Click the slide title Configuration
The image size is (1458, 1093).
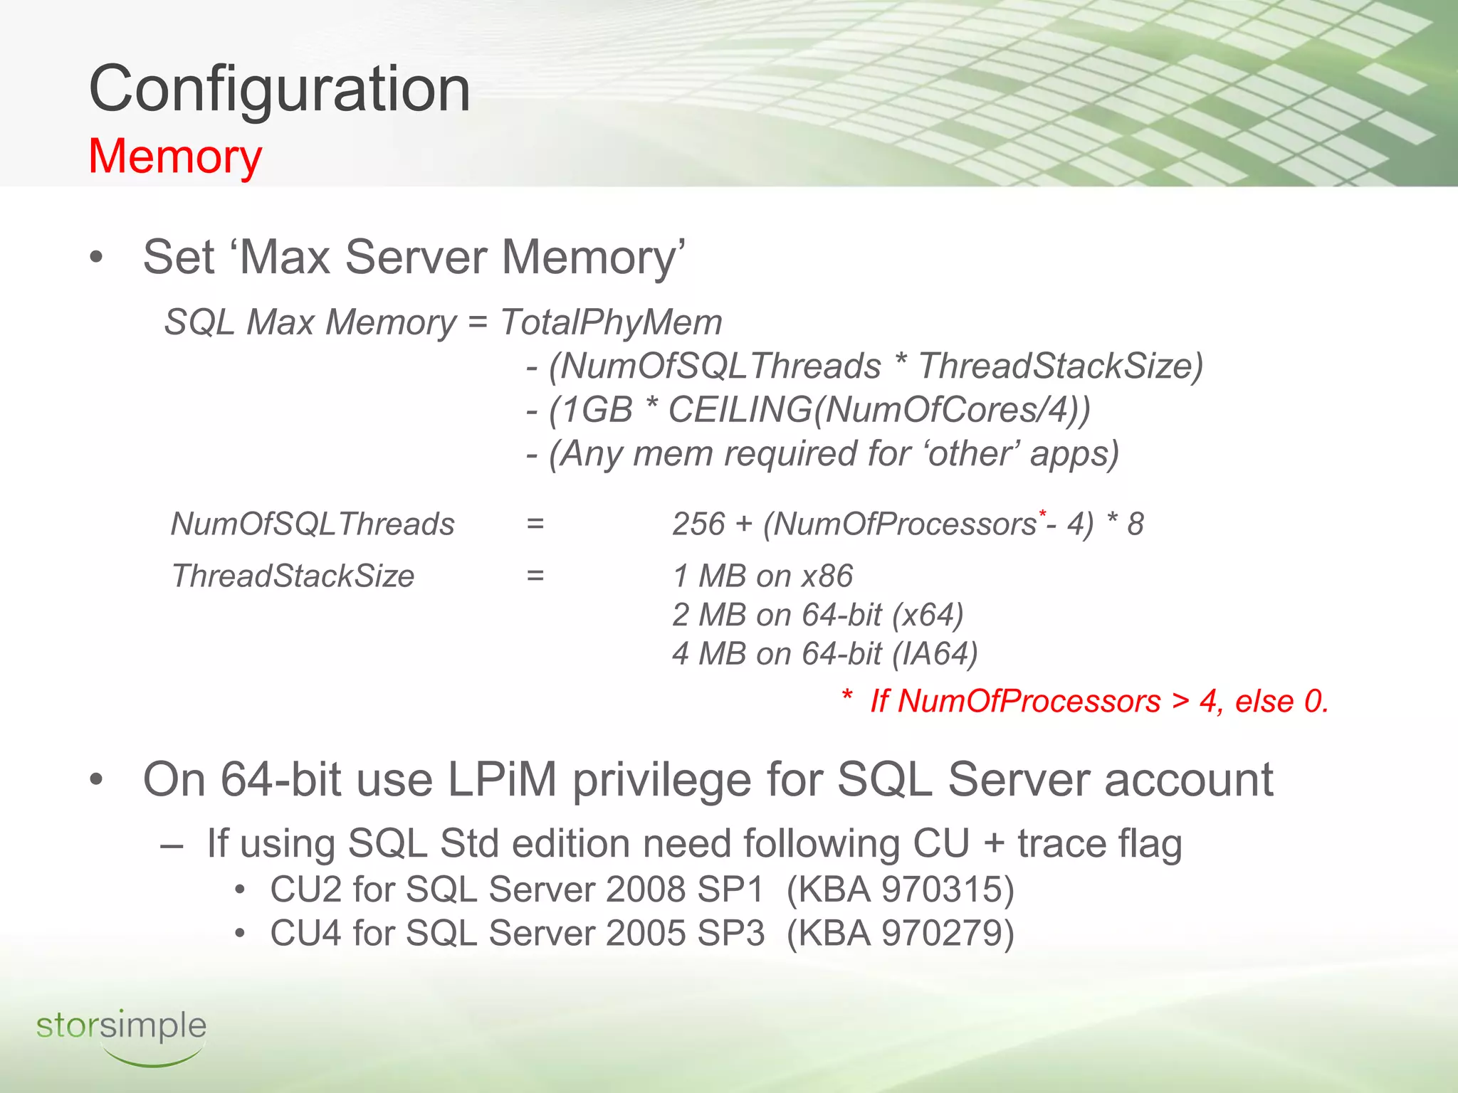click(x=279, y=89)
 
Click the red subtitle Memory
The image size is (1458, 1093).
click(x=175, y=156)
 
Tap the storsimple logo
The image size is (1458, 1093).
click(x=121, y=1034)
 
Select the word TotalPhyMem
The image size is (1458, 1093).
click(x=611, y=322)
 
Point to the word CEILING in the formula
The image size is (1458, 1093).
click(x=740, y=410)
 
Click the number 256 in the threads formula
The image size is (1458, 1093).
click(x=698, y=524)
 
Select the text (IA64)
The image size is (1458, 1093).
click(x=935, y=654)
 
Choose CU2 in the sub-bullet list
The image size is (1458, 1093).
click(x=306, y=889)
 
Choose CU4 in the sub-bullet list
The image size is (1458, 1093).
click(x=306, y=934)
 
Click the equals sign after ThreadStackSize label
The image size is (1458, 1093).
click(x=535, y=576)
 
